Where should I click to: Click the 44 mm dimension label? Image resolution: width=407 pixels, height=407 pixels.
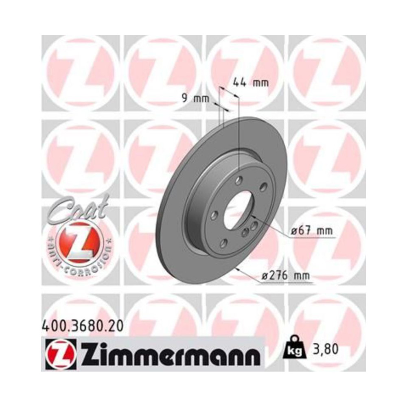click(x=250, y=83)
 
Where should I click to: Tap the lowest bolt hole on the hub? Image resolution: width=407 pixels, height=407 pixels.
click(x=223, y=243)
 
